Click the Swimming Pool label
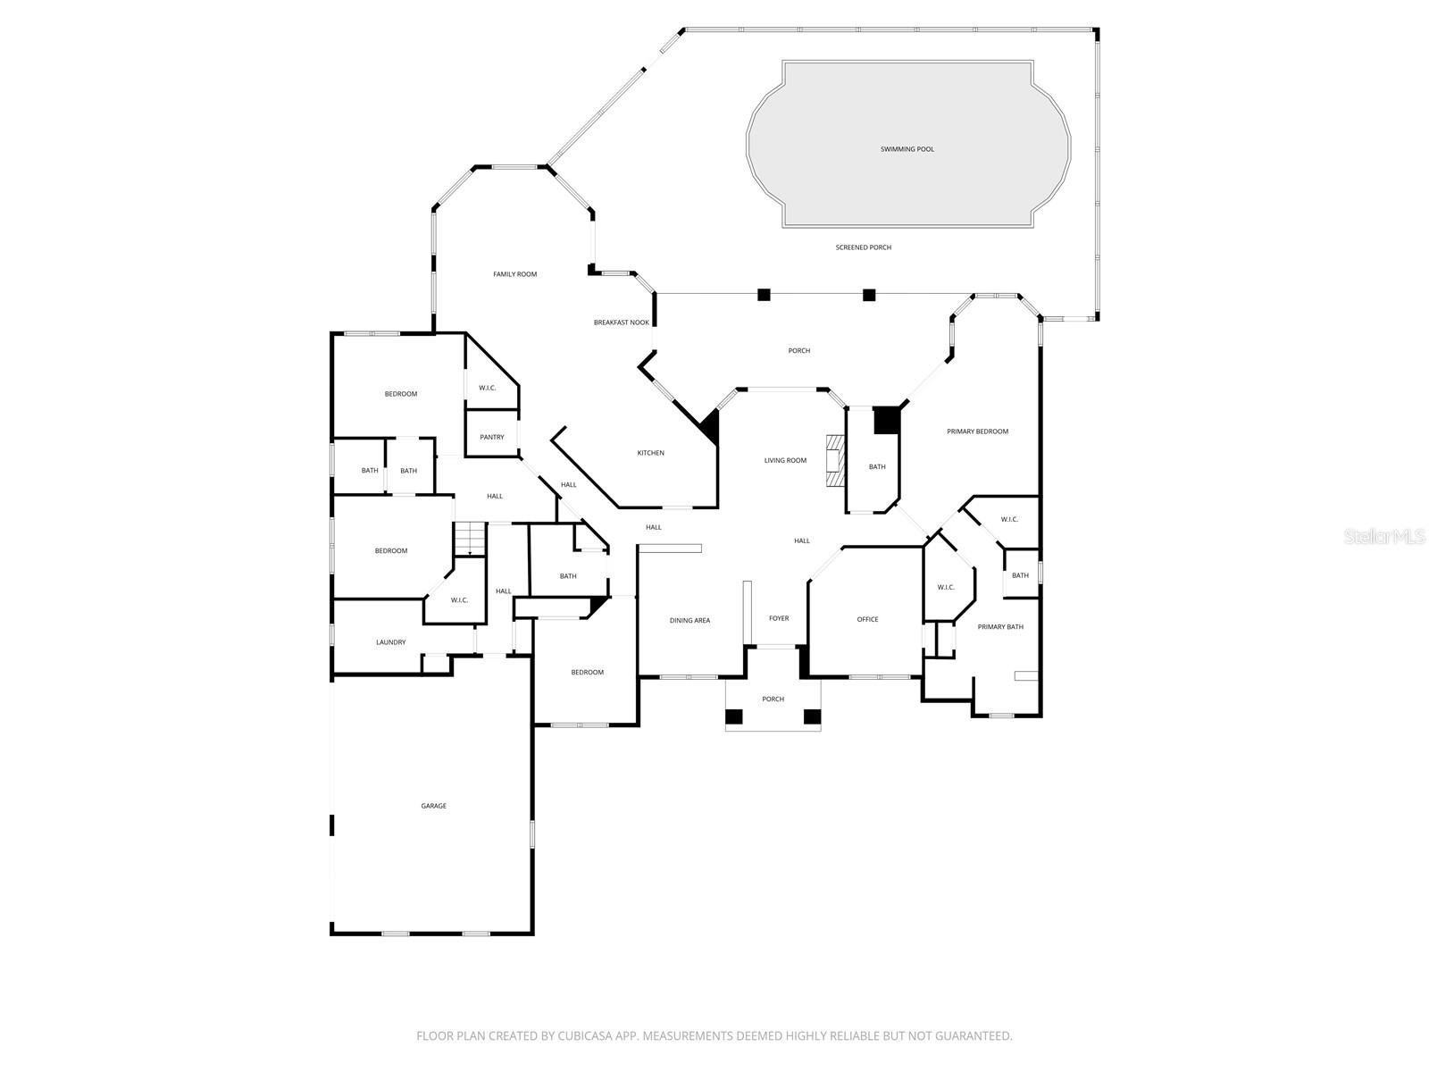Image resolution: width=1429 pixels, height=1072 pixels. (x=907, y=149)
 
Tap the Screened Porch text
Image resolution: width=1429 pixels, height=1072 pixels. (x=863, y=247)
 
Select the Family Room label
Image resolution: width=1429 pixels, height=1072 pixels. (x=514, y=274)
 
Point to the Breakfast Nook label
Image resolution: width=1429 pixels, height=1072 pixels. (x=621, y=322)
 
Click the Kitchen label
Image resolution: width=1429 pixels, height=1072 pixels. (x=650, y=453)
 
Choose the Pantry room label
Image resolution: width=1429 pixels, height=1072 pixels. (x=491, y=437)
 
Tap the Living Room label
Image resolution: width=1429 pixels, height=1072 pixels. (x=785, y=461)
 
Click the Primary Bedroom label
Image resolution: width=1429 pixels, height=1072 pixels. (x=977, y=431)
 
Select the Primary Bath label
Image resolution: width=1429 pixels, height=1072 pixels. (x=1000, y=627)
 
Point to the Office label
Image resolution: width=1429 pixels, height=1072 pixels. (x=867, y=619)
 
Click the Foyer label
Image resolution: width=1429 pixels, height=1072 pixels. (x=779, y=618)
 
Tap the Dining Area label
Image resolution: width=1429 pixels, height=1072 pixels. (x=689, y=620)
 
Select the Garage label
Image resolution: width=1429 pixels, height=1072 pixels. (x=433, y=806)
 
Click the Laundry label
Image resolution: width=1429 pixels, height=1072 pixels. (x=390, y=642)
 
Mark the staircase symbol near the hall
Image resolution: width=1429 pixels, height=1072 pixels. (x=469, y=539)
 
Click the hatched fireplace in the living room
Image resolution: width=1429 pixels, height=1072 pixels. (x=834, y=460)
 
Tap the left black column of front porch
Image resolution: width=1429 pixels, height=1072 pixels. (x=733, y=716)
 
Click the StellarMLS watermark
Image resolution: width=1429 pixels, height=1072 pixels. (x=1385, y=537)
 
